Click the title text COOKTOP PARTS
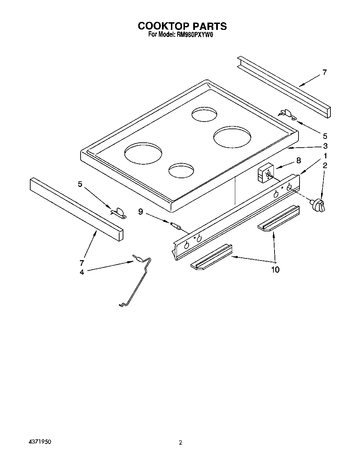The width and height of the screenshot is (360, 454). pyautogui.click(x=182, y=26)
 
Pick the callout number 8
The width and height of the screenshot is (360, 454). pyautogui.click(x=298, y=160)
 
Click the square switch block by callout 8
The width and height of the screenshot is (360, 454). pyautogui.click(x=266, y=173)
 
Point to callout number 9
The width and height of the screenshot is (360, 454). pyautogui.click(x=140, y=211)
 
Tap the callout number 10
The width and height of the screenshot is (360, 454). pyautogui.click(x=275, y=270)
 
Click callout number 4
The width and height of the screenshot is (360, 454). pyautogui.click(x=82, y=272)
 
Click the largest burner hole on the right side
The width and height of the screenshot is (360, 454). pyautogui.click(x=232, y=136)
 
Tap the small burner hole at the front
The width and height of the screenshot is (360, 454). pyautogui.click(x=181, y=170)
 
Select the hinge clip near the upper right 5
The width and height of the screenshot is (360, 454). pyautogui.click(x=287, y=114)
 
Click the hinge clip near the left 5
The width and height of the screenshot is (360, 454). pyautogui.click(x=118, y=213)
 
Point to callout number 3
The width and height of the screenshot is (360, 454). pyautogui.click(x=325, y=146)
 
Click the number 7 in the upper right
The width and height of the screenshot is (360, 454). pyautogui.click(x=324, y=73)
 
